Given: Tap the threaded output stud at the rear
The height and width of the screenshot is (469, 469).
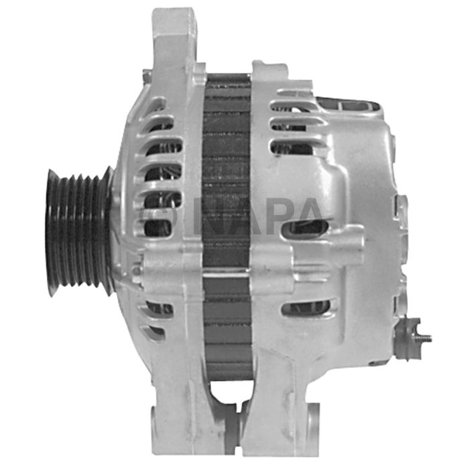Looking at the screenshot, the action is point(423,338).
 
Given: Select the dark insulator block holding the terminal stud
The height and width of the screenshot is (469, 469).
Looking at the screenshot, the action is point(407,338).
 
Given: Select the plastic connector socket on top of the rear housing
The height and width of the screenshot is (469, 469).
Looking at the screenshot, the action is point(348,106).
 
